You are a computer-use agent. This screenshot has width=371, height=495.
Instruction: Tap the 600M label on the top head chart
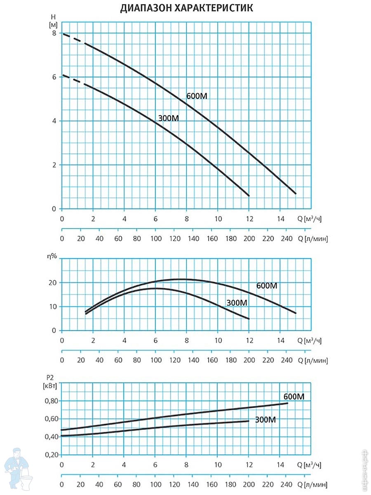click(x=197, y=97)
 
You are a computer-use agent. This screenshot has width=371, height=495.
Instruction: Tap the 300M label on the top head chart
click(x=169, y=118)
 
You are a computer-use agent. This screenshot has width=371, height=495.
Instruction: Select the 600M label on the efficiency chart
click(x=267, y=285)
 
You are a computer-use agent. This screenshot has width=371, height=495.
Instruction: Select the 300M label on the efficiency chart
click(x=237, y=303)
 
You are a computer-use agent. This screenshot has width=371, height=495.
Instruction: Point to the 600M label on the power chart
click(x=294, y=397)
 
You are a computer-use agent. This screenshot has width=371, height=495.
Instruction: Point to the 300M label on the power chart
click(x=265, y=420)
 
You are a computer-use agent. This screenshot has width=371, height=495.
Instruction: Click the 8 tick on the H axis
click(x=54, y=33)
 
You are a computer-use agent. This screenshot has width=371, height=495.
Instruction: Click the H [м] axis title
click(x=52, y=21)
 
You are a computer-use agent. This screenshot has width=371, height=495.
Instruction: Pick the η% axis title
click(x=52, y=256)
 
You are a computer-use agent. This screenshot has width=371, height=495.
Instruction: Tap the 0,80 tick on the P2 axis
click(x=52, y=401)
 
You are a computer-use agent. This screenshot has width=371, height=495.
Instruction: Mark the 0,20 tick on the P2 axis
click(x=52, y=455)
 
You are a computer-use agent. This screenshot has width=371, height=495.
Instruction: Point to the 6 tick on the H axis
click(x=54, y=77)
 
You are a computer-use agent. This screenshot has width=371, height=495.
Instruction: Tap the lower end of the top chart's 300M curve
click(x=249, y=195)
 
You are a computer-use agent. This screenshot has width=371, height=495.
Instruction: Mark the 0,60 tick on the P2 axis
click(x=52, y=419)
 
